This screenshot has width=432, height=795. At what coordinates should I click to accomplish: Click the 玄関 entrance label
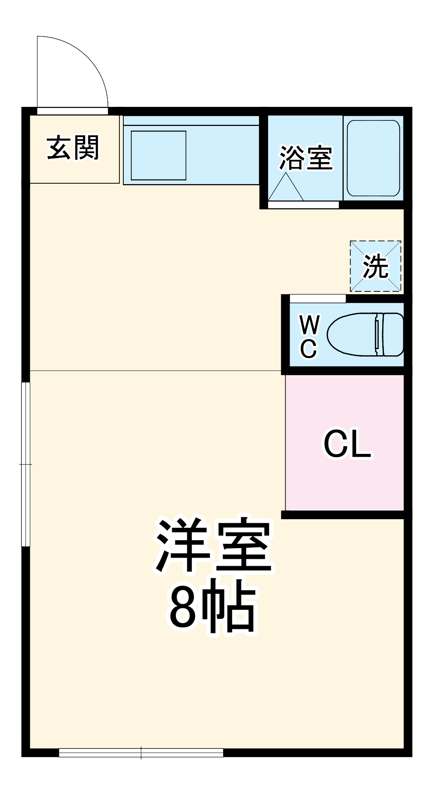pyautogui.click(x=73, y=148)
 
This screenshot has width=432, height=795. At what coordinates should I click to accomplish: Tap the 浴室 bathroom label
pyautogui.click(x=306, y=158)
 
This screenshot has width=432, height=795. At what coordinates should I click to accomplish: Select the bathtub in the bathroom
pyautogui.click(x=373, y=158)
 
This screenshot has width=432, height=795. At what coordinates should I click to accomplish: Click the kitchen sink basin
pyautogui.click(x=158, y=155)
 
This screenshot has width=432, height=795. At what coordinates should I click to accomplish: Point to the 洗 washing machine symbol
pyautogui.click(x=376, y=266)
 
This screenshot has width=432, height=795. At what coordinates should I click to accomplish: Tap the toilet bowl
pyautogui.click(x=352, y=334)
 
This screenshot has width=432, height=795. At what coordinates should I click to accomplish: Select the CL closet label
pyautogui.click(x=347, y=444)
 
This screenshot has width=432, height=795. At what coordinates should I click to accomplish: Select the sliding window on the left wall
pyautogui.click(x=26, y=464)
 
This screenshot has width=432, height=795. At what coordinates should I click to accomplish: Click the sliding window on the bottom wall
pyautogui.click(x=141, y=752)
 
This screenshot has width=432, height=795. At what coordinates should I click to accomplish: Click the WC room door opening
pyautogui.click(x=317, y=299)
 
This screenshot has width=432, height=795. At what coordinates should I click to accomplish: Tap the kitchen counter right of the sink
pyautogui.click(x=223, y=155)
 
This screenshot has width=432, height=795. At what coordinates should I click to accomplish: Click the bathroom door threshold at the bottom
pyautogui.click(x=303, y=205)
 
